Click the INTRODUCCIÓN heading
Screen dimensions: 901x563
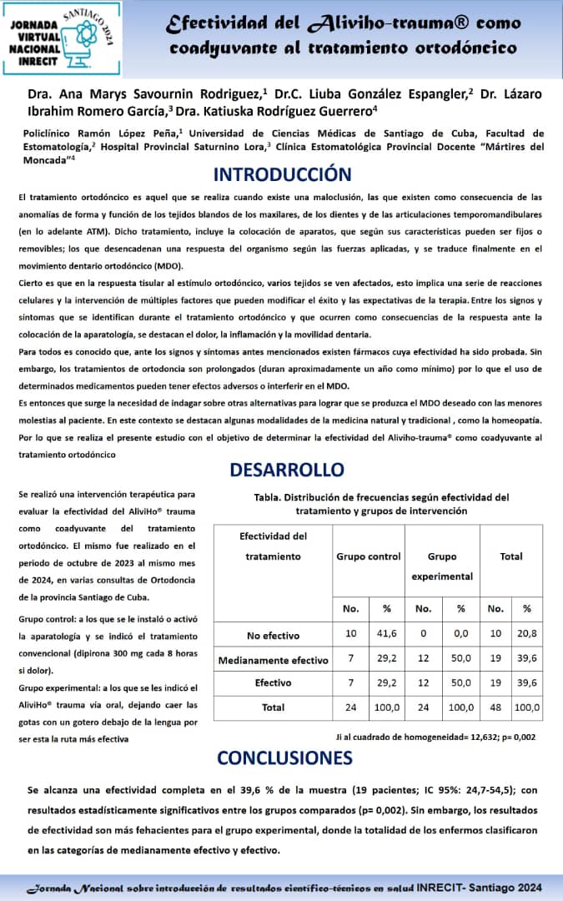click(282, 175)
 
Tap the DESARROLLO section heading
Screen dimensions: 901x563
click(286, 470)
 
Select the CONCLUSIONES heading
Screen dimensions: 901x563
click(284, 758)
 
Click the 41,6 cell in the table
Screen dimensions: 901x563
click(386, 634)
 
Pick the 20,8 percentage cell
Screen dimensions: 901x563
click(526, 634)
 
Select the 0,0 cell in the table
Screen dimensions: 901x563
click(460, 634)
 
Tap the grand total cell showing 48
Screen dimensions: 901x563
click(495, 707)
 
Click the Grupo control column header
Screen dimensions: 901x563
click(368, 556)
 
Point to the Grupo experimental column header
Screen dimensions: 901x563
click(442, 566)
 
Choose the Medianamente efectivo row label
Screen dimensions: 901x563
click(273, 660)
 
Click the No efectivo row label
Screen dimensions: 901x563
click(273, 635)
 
